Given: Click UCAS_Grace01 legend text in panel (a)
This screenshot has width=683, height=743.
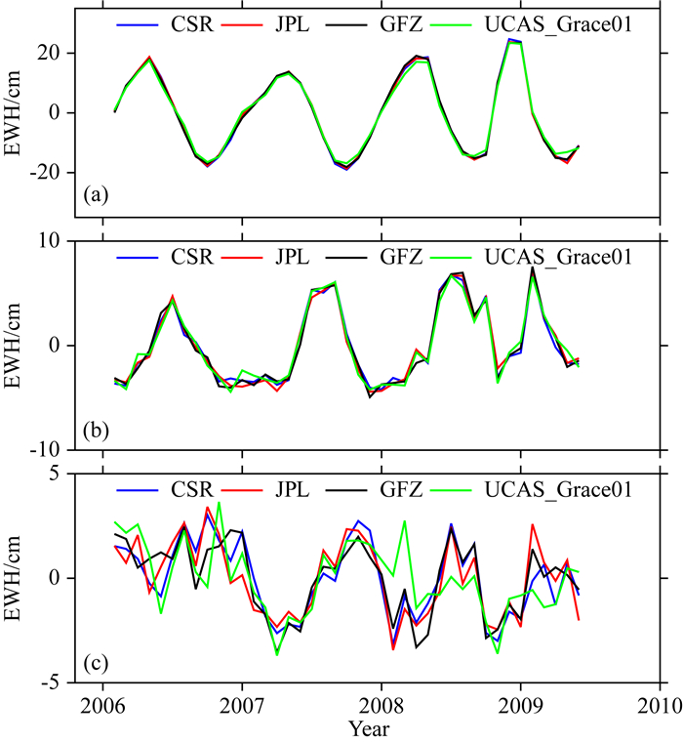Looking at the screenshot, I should [x=566, y=23].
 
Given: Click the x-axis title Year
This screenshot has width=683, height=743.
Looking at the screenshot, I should [x=380, y=727].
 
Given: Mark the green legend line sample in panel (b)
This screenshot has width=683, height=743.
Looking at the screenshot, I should [x=467, y=258].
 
